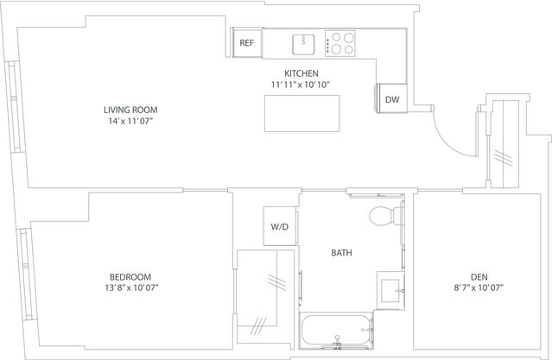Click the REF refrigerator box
247,42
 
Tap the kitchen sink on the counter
303,44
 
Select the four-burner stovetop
340,43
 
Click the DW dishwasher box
391,99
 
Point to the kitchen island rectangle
302,113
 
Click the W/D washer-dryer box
280,226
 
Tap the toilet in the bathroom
386,215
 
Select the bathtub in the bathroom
337,331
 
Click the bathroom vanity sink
390,291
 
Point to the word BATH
341,253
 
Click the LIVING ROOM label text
130,110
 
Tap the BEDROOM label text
130,277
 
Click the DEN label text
479,277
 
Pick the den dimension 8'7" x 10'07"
479,287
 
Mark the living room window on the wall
15,107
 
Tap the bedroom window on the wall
26,275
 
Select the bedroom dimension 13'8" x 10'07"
132,287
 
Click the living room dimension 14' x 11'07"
131,122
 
